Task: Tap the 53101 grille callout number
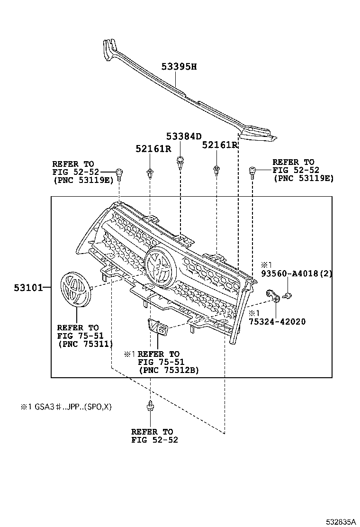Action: click(28, 287)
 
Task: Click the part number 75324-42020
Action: click(277, 321)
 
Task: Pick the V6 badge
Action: click(157, 327)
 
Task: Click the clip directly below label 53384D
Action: click(180, 162)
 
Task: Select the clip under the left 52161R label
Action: click(150, 173)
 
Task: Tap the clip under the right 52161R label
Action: click(216, 170)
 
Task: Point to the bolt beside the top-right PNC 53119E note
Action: click(252, 172)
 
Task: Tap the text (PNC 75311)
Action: click(85, 344)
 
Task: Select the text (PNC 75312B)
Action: click(168, 371)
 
